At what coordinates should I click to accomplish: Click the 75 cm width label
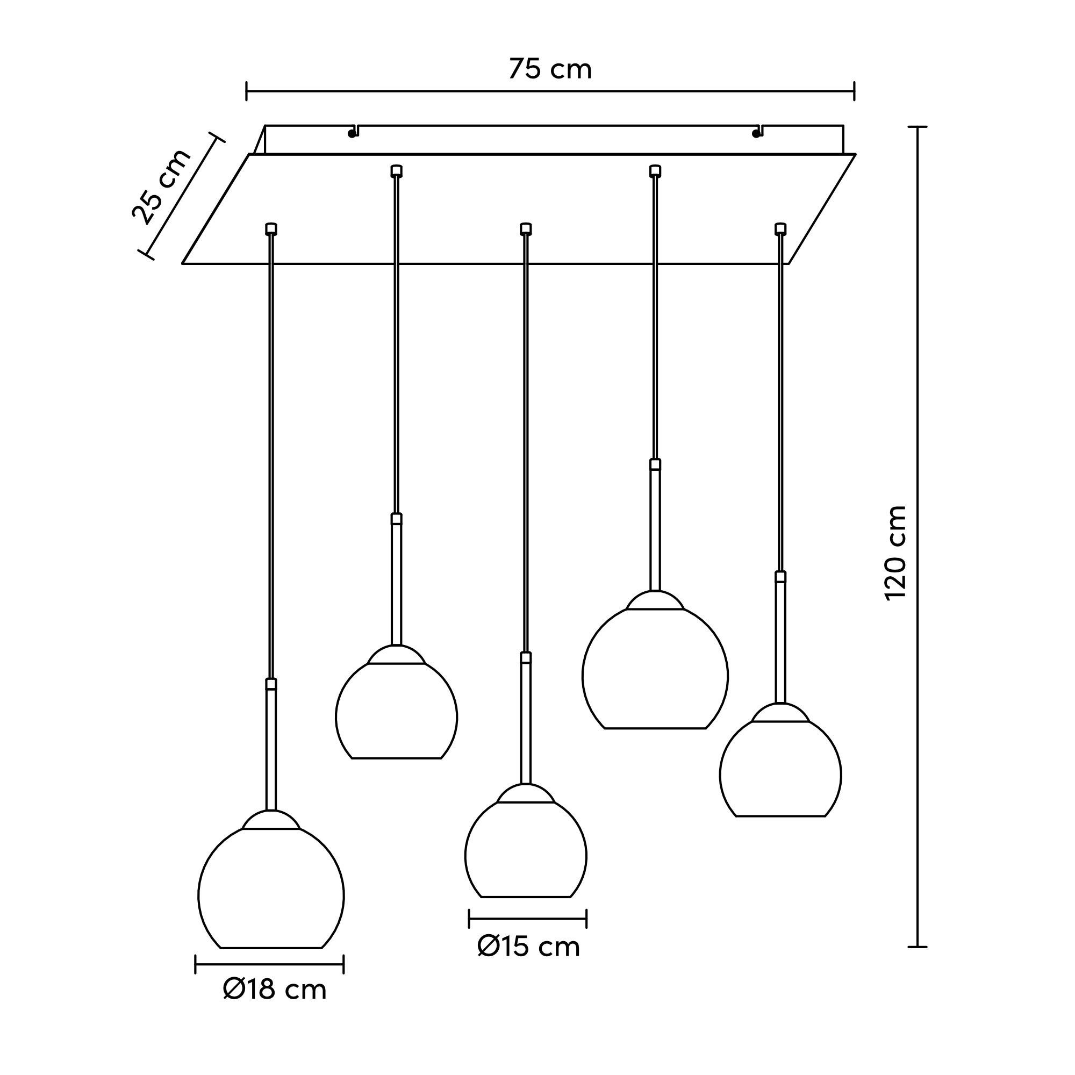coord(550,69)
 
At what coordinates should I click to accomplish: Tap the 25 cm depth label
coord(161,187)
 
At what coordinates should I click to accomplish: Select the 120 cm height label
coord(895,553)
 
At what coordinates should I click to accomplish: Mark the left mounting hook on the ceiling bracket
coord(353,131)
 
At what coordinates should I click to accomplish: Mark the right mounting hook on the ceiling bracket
coord(757,131)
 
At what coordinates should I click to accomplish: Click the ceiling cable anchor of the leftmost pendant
coord(271,228)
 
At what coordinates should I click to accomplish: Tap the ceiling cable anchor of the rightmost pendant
coord(780,228)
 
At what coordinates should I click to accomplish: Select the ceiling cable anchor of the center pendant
coord(525,228)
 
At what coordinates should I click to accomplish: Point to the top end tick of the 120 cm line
coord(918,127)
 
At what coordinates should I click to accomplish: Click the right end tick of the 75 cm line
coord(854,91)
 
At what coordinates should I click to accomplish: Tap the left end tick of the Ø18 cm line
coord(195,964)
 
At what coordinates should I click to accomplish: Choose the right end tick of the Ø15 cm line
coord(586,919)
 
